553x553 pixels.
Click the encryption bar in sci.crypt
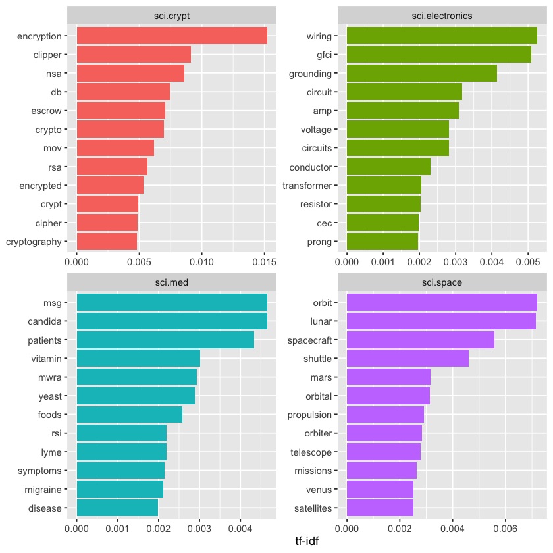172,36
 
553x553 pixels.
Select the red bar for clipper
134,54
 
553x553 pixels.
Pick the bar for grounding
421,73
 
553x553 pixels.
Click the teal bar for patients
165,340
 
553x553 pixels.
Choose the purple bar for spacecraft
420,340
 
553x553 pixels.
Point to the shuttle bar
408,359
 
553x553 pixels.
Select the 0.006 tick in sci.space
505,527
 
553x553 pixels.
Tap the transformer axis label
307,186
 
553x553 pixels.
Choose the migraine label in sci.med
43,490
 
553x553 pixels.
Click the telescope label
311,452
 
